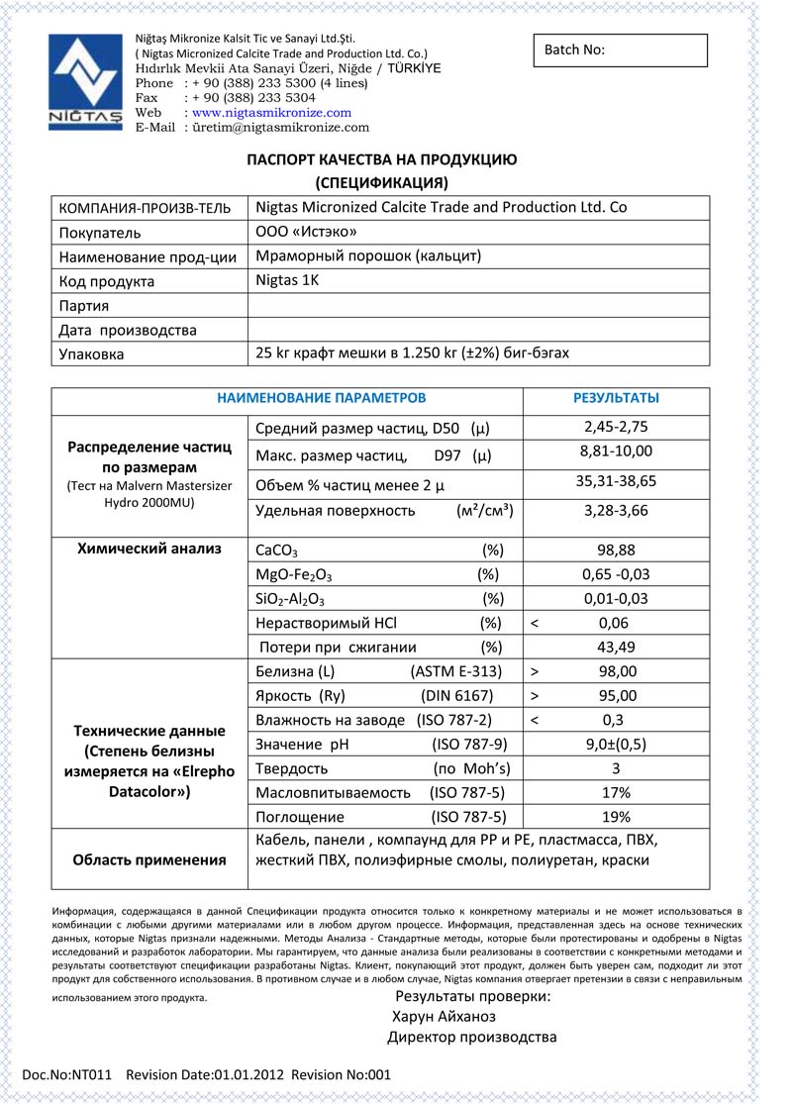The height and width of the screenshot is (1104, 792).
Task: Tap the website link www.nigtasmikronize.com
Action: pyautogui.click(x=271, y=113)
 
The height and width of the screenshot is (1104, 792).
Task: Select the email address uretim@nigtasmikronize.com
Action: pyautogui.click(x=279, y=128)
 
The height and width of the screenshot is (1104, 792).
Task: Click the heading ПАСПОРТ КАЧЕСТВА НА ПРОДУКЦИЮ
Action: pyautogui.click(x=381, y=159)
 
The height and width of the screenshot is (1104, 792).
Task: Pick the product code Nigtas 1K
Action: pyautogui.click(x=287, y=280)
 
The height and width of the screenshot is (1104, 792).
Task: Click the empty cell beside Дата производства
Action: pyautogui.click(x=478, y=330)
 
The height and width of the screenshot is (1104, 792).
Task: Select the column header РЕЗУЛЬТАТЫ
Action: pyautogui.click(x=616, y=398)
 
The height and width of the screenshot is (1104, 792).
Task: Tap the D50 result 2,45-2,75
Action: pyautogui.click(x=616, y=428)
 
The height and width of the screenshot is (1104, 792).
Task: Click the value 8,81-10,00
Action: pyautogui.click(x=616, y=452)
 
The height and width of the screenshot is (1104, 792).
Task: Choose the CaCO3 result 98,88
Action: pyautogui.click(x=616, y=550)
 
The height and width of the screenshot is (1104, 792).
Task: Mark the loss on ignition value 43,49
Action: pyautogui.click(x=616, y=648)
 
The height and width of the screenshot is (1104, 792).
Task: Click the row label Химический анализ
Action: pyautogui.click(x=149, y=549)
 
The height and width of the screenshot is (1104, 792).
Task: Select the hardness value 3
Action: pyautogui.click(x=616, y=768)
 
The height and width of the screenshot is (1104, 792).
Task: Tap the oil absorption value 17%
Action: pyautogui.click(x=616, y=793)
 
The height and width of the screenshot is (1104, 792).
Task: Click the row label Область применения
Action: pyautogui.click(x=149, y=859)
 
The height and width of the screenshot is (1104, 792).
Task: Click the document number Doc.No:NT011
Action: pyautogui.click(x=67, y=1074)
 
